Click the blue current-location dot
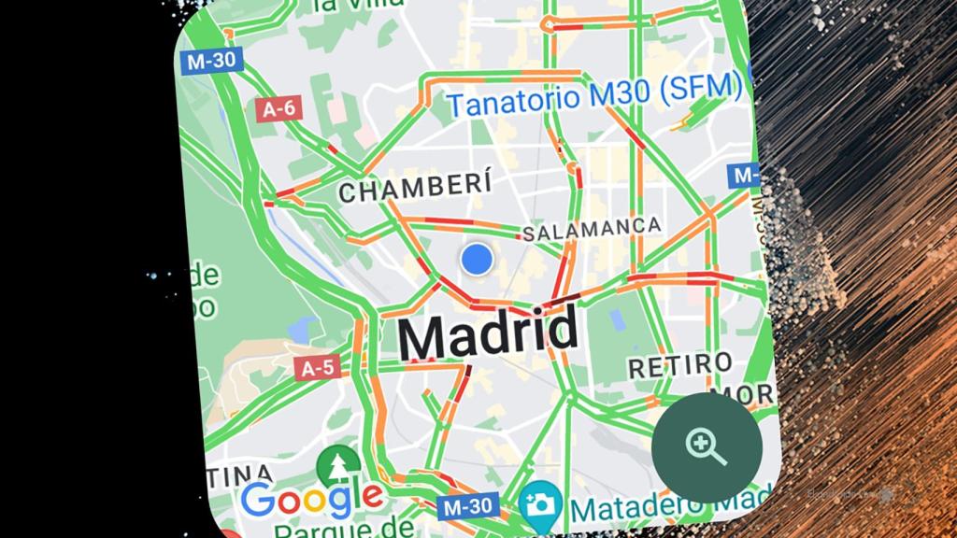[478, 259]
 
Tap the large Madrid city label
[487, 334]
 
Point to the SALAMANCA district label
[592, 228]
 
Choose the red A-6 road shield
[278, 108]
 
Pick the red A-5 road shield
[317, 368]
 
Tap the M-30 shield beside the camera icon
[465, 506]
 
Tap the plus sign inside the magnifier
[701, 443]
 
